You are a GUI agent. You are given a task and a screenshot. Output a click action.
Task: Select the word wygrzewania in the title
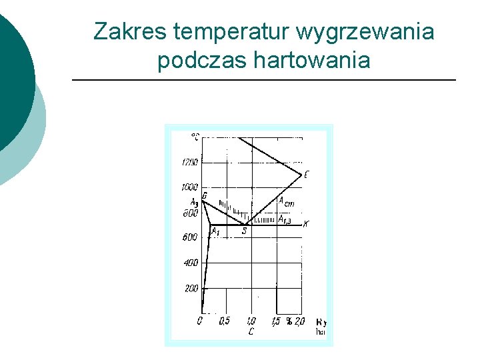(x=365, y=31)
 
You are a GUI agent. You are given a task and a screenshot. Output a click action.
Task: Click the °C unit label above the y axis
(x=195, y=137)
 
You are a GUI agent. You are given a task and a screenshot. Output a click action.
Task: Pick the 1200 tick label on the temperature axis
(x=190, y=162)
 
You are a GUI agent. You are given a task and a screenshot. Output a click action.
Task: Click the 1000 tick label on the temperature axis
(x=190, y=187)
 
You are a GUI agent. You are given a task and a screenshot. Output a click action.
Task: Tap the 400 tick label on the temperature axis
(x=191, y=263)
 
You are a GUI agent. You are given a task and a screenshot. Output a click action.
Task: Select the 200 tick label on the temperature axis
(x=191, y=288)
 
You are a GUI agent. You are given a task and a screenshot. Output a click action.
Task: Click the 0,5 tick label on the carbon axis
(x=225, y=321)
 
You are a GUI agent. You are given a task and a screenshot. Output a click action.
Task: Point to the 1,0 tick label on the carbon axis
(x=251, y=321)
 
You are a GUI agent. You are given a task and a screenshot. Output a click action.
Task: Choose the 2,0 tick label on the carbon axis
(x=299, y=321)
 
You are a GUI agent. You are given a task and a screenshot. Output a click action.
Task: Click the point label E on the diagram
(x=306, y=175)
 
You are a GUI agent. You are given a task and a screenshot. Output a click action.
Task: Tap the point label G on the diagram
(x=204, y=195)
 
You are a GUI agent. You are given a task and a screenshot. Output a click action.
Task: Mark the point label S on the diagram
(x=244, y=231)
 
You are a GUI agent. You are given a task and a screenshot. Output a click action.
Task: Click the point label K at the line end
(x=305, y=224)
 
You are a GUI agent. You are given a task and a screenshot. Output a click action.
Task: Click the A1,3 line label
(x=285, y=219)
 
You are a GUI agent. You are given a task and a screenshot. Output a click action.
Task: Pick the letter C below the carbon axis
(x=251, y=331)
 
